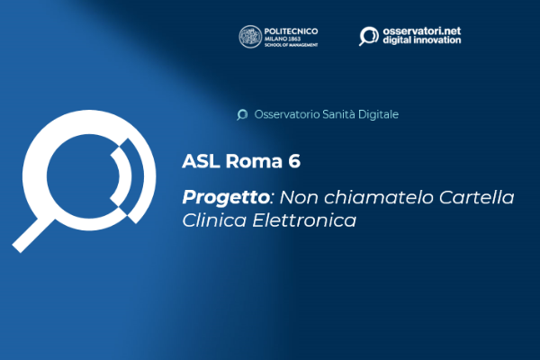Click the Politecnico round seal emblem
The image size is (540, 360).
[x=250, y=37]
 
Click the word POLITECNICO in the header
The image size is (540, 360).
[x=291, y=31]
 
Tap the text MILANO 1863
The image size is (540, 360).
[x=283, y=39]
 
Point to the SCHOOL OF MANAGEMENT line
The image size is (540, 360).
[x=291, y=45]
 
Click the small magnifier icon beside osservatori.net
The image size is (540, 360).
[x=369, y=36]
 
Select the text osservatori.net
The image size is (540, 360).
[x=422, y=31]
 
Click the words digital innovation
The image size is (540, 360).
[x=422, y=40]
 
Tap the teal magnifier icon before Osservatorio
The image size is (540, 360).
[x=242, y=114]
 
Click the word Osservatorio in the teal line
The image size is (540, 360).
[x=287, y=114]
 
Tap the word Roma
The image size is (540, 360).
[x=254, y=161]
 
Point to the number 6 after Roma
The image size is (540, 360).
[x=294, y=161]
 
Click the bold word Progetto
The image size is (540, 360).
[x=226, y=198]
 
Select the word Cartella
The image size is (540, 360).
[x=477, y=197]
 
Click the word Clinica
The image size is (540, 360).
[x=214, y=220]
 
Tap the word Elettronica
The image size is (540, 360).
[x=304, y=220]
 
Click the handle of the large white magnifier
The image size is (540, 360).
[x=32, y=236]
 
